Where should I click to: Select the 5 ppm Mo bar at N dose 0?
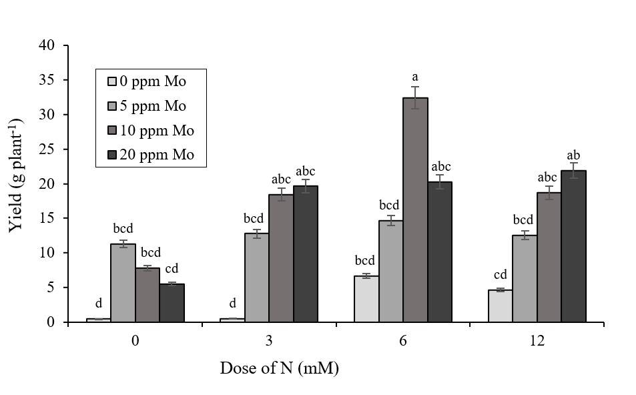tap(122, 283)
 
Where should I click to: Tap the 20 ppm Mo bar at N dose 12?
tap(573, 246)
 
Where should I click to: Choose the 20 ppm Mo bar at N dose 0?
tap(172, 303)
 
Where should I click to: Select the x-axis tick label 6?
tap(403, 340)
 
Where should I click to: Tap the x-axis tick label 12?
tap(537, 340)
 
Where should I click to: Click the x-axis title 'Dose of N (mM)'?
tap(280, 368)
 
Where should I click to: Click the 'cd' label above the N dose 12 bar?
tap(500, 274)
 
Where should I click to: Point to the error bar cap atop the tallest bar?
tap(415, 87)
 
